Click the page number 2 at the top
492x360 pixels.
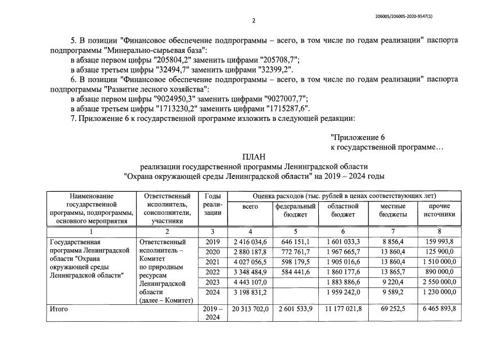click(254, 21)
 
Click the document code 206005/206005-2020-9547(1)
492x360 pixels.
click(407, 16)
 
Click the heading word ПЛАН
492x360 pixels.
click(254, 156)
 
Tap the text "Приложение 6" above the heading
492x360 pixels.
click(358, 137)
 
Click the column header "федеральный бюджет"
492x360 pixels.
click(295, 210)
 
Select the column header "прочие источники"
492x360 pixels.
click(440, 210)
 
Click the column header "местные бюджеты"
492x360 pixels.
click(393, 210)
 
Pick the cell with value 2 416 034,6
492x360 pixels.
click(250, 242)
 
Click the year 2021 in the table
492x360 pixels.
click(212, 263)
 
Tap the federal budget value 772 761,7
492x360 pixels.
click(295, 253)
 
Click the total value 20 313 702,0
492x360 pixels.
click(250, 309)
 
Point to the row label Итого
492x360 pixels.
click(58, 309)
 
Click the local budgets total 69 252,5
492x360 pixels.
click(393, 309)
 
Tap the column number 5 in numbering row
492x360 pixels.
click(295, 231)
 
